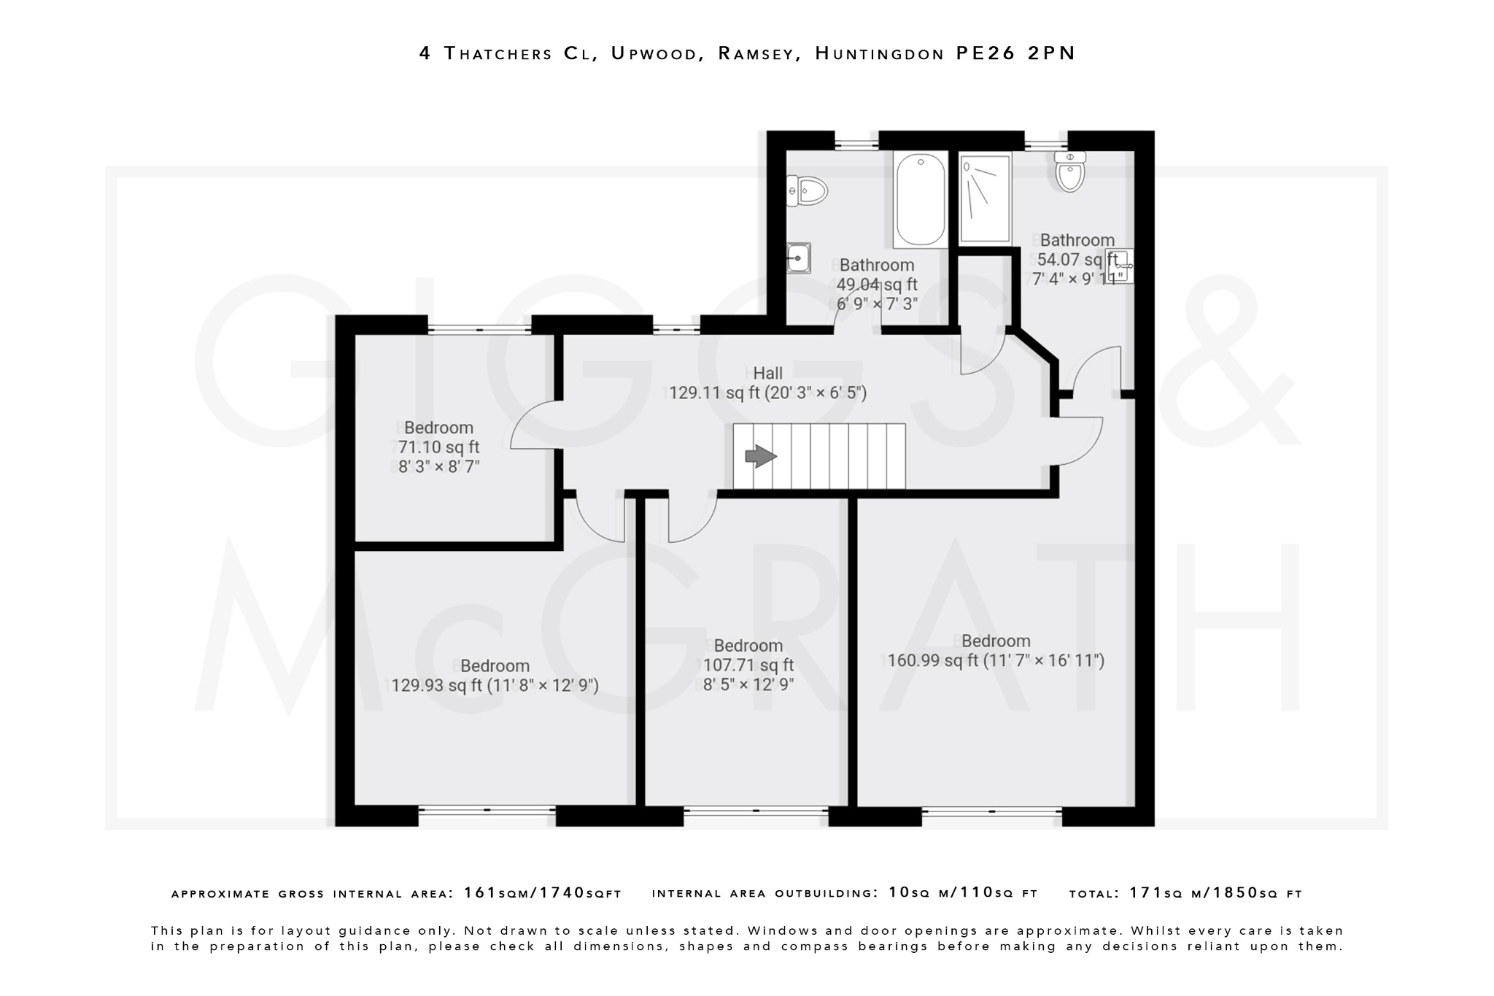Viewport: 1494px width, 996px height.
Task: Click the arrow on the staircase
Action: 760,457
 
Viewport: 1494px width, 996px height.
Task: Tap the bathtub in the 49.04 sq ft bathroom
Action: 920,200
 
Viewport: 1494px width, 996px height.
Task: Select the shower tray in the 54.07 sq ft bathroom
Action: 985,198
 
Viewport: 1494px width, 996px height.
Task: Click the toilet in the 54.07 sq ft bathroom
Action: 1070,172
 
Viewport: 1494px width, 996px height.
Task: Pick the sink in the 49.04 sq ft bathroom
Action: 799,258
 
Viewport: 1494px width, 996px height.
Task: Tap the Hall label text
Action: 767,374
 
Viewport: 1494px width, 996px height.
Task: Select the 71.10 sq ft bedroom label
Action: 438,447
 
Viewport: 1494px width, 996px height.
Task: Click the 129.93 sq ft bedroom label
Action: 494,676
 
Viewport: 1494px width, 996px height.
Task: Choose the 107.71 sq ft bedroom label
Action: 748,665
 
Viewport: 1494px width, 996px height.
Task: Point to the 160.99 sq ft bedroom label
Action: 995,651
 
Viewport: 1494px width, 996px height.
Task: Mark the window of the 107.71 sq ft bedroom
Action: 756,810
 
